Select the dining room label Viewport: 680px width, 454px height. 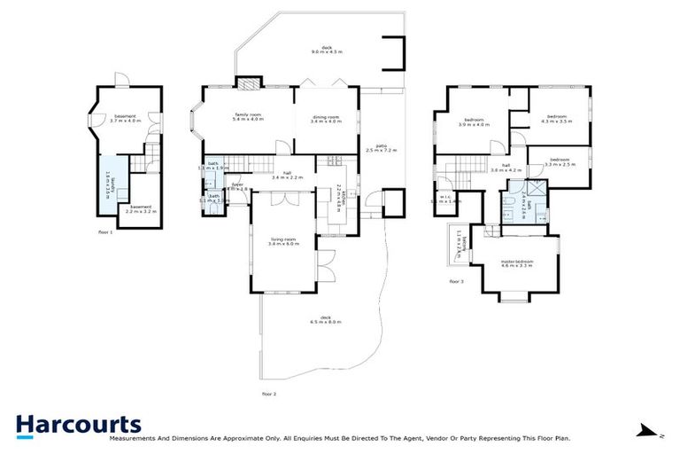click(326, 120)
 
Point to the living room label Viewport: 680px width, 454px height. click(283, 240)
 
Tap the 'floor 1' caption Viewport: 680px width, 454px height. click(106, 232)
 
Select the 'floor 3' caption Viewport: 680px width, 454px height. click(456, 282)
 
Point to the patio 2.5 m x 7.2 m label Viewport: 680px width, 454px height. click(382, 148)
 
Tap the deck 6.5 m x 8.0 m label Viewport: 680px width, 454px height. click(325, 320)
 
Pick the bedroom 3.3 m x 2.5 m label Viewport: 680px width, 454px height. click(560, 162)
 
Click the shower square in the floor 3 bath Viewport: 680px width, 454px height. click(536, 189)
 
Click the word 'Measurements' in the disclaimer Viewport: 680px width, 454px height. click(134, 438)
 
